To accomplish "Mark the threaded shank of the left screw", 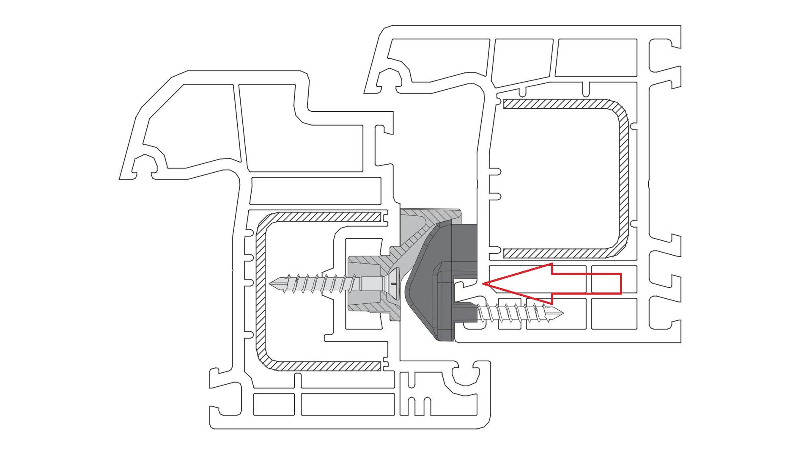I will (x=321, y=283).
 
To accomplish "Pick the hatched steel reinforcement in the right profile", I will (x=623, y=178).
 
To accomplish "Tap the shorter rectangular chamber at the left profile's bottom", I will (x=274, y=405).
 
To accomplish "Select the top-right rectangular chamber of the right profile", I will (x=596, y=58).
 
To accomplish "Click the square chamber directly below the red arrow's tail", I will (x=614, y=314).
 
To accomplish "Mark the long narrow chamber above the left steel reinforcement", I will (x=315, y=191).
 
